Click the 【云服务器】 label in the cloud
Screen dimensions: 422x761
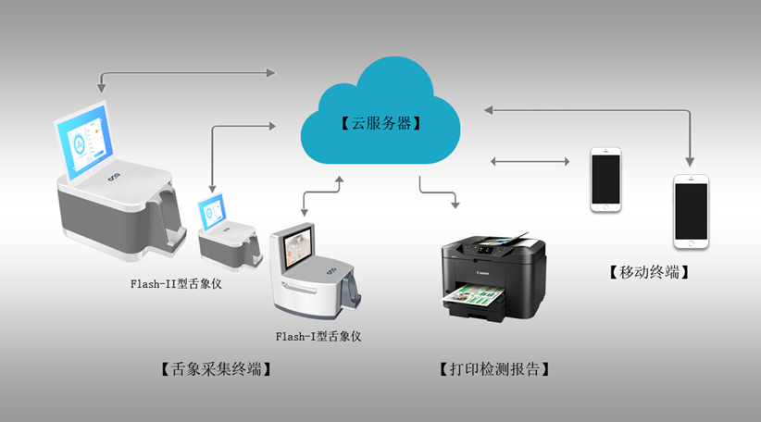click(x=380, y=122)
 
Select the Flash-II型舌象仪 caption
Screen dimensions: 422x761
click(x=176, y=283)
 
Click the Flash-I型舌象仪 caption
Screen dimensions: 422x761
click(x=318, y=336)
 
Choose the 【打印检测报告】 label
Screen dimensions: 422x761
click(x=494, y=369)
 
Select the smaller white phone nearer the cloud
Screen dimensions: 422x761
click(x=606, y=180)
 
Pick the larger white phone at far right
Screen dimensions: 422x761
click(x=691, y=211)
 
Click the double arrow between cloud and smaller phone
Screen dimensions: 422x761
click(x=529, y=162)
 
